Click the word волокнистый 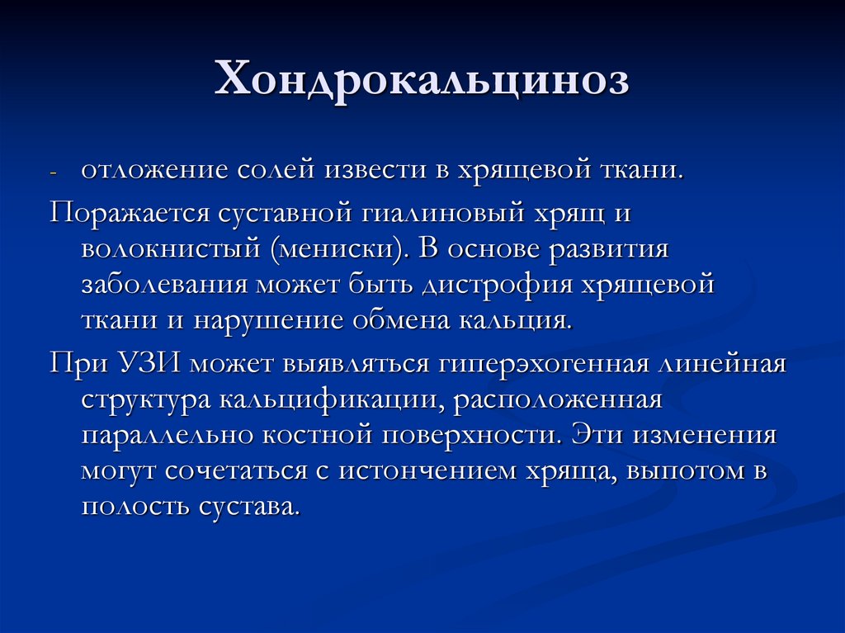pyautogui.click(x=167, y=248)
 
